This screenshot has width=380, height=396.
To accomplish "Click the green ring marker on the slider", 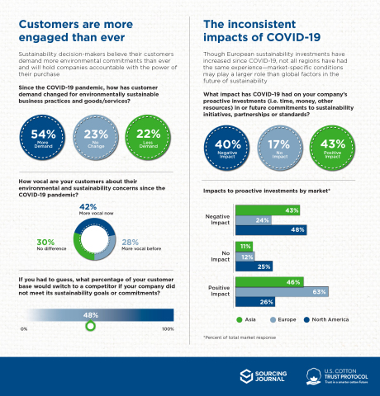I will [x=91, y=326].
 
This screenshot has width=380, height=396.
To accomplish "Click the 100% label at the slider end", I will [x=168, y=329].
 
